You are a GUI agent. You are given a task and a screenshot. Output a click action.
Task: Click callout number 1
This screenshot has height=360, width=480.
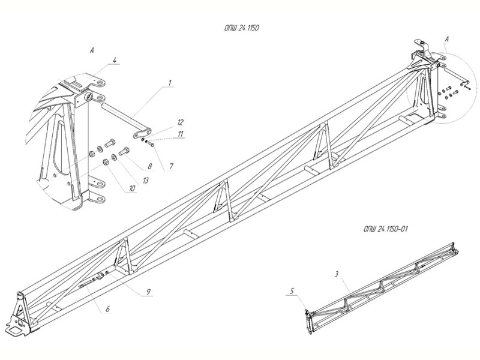click(170, 82)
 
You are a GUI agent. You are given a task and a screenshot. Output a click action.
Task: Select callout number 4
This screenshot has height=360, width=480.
click(115, 60)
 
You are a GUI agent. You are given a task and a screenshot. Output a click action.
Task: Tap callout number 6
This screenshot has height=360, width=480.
click(107, 309)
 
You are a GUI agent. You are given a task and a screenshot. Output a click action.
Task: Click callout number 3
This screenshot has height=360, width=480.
click(337, 274)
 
